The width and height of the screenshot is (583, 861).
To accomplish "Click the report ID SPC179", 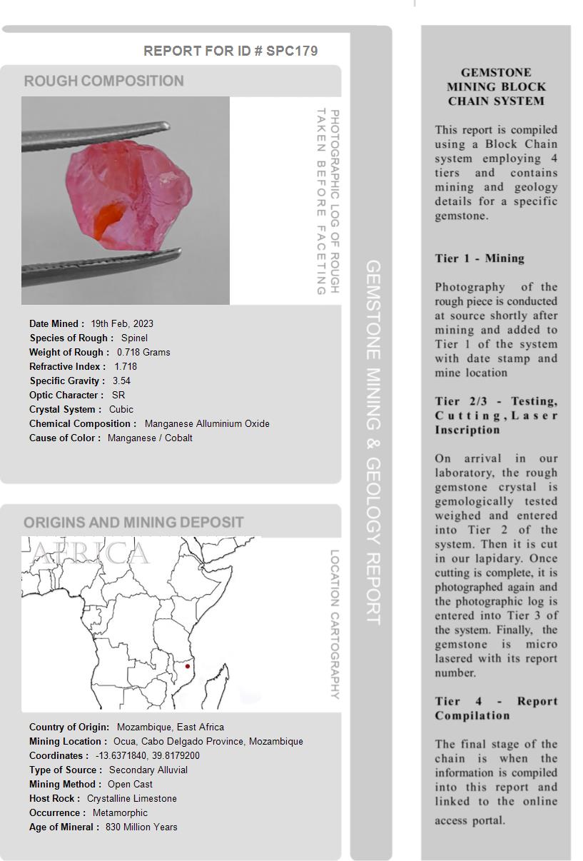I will pyautogui.click(x=292, y=51).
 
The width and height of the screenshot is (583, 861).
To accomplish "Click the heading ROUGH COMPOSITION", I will pyautogui.click(x=103, y=81).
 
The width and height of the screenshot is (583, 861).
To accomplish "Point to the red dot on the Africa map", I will pyautogui.click(x=188, y=666).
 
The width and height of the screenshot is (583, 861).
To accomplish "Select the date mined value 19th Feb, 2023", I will pyautogui.click(x=122, y=323).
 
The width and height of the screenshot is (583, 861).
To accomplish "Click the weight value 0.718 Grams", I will pyautogui.click(x=143, y=352).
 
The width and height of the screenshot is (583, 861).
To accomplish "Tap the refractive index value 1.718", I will pyautogui.click(x=126, y=366).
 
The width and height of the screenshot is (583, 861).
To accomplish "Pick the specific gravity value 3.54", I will pyautogui.click(x=121, y=381).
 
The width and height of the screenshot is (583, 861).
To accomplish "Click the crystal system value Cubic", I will pyautogui.click(x=121, y=409).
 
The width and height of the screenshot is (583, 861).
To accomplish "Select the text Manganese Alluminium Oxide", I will pyautogui.click(x=207, y=423).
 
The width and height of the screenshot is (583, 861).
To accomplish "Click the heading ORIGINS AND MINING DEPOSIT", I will pyautogui.click(x=133, y=522).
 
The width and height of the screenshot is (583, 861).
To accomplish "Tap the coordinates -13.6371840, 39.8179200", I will pyautogui.click(x=148, y=755).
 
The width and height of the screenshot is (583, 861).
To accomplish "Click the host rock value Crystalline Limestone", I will pyautogui.click(x=132, y=798).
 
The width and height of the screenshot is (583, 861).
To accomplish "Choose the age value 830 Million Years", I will pyautogui.click(x=141, y=827).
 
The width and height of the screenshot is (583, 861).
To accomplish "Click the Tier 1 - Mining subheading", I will pyautogui.click(x=480, y=258).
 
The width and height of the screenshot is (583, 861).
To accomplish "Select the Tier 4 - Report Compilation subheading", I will pyautogui.click(x=496, y=708).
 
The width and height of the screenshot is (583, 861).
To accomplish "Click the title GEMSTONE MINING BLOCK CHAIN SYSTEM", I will pyautogui.click(x=496, y=86).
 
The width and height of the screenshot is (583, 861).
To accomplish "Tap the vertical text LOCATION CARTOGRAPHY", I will pyautogui.click(x=334, y=624).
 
